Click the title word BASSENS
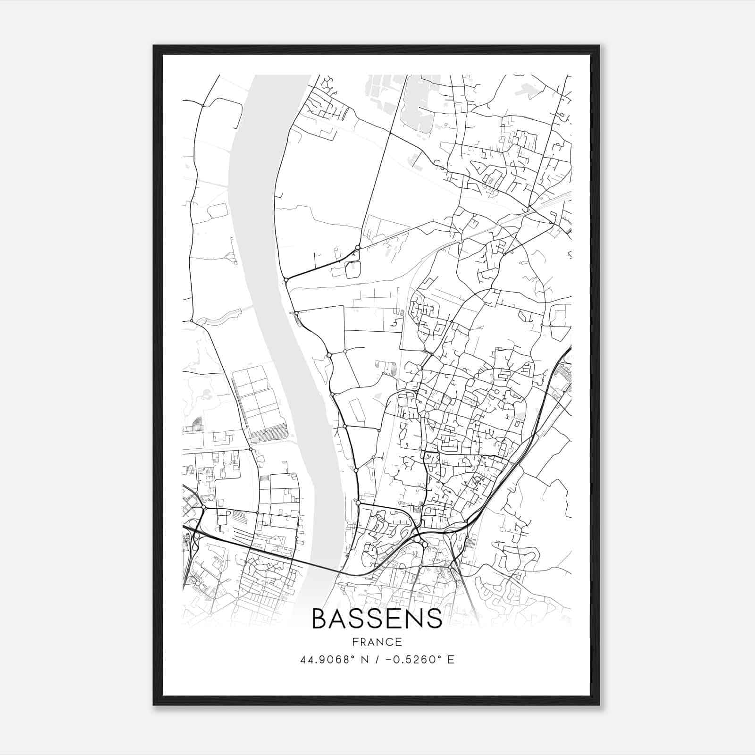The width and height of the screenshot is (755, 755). pos(377,619)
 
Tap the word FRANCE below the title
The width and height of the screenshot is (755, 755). pos(377,642)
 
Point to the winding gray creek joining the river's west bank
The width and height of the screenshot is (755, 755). pos(222,317)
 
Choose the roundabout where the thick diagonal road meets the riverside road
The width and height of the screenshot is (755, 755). pos(285,280)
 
